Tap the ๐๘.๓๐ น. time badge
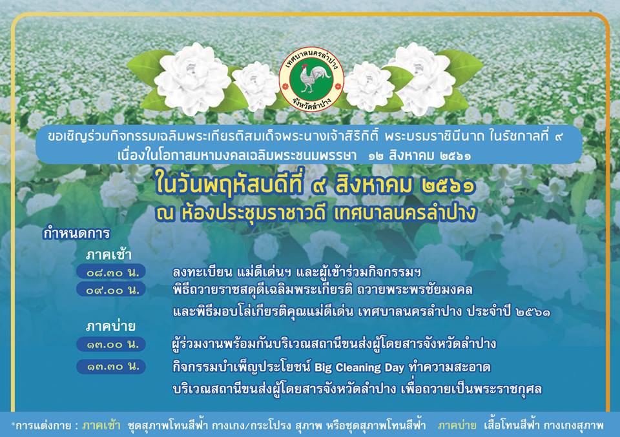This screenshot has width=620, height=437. (111, 272)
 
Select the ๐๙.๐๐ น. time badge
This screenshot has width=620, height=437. (111, 290)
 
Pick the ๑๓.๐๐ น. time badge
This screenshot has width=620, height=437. (111, 344)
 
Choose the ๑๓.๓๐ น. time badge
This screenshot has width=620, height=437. (111, 366)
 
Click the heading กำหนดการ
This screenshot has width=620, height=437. (76, 233)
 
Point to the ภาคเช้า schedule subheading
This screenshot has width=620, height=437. (108, 255)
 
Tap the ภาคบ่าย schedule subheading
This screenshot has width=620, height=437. (110, 326)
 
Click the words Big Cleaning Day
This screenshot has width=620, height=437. (360, 368)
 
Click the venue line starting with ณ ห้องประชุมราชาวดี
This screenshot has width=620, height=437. (316, 214)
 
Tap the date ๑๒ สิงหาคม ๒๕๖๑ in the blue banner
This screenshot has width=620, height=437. (420, 156)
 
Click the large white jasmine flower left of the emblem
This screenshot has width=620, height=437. (192, 79)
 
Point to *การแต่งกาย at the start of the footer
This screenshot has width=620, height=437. (41, 426)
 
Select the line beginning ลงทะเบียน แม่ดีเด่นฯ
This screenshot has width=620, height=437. (296, 272)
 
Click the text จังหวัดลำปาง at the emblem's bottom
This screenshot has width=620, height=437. (312, 103)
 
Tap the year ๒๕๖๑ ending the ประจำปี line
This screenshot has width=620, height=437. (533, 312)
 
